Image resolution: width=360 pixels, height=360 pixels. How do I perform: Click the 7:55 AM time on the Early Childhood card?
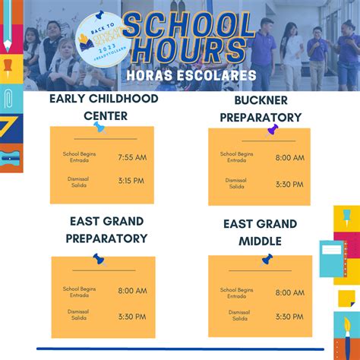pos(132,157)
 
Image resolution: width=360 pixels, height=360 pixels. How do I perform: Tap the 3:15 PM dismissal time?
pos(132,181)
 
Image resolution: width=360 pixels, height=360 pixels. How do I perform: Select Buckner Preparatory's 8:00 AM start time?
pos(289,158)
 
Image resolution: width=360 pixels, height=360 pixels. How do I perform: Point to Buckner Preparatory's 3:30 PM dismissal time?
pos(289,185)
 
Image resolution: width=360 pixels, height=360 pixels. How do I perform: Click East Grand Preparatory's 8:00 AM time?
pos(132,290)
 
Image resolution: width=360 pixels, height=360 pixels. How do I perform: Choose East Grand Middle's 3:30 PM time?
pos(289,317)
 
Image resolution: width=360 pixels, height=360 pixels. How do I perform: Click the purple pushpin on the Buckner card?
pos(273,130)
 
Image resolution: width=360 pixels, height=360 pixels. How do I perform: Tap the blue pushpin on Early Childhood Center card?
pos(99,128)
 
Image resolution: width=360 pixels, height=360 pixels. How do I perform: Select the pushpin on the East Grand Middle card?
pos(267,259)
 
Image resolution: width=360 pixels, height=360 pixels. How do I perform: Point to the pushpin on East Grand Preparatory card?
pos(99,259)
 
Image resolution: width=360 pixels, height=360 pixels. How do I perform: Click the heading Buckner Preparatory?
pos(261,109)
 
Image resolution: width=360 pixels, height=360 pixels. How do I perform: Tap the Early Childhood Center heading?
pos(103,107)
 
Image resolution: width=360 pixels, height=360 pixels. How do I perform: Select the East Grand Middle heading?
pos(260,232)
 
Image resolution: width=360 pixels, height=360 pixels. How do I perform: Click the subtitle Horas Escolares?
pos(181,77)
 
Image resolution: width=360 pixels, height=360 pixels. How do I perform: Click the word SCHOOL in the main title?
pos(188,27)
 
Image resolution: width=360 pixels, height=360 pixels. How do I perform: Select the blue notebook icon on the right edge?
pos(332,258)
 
